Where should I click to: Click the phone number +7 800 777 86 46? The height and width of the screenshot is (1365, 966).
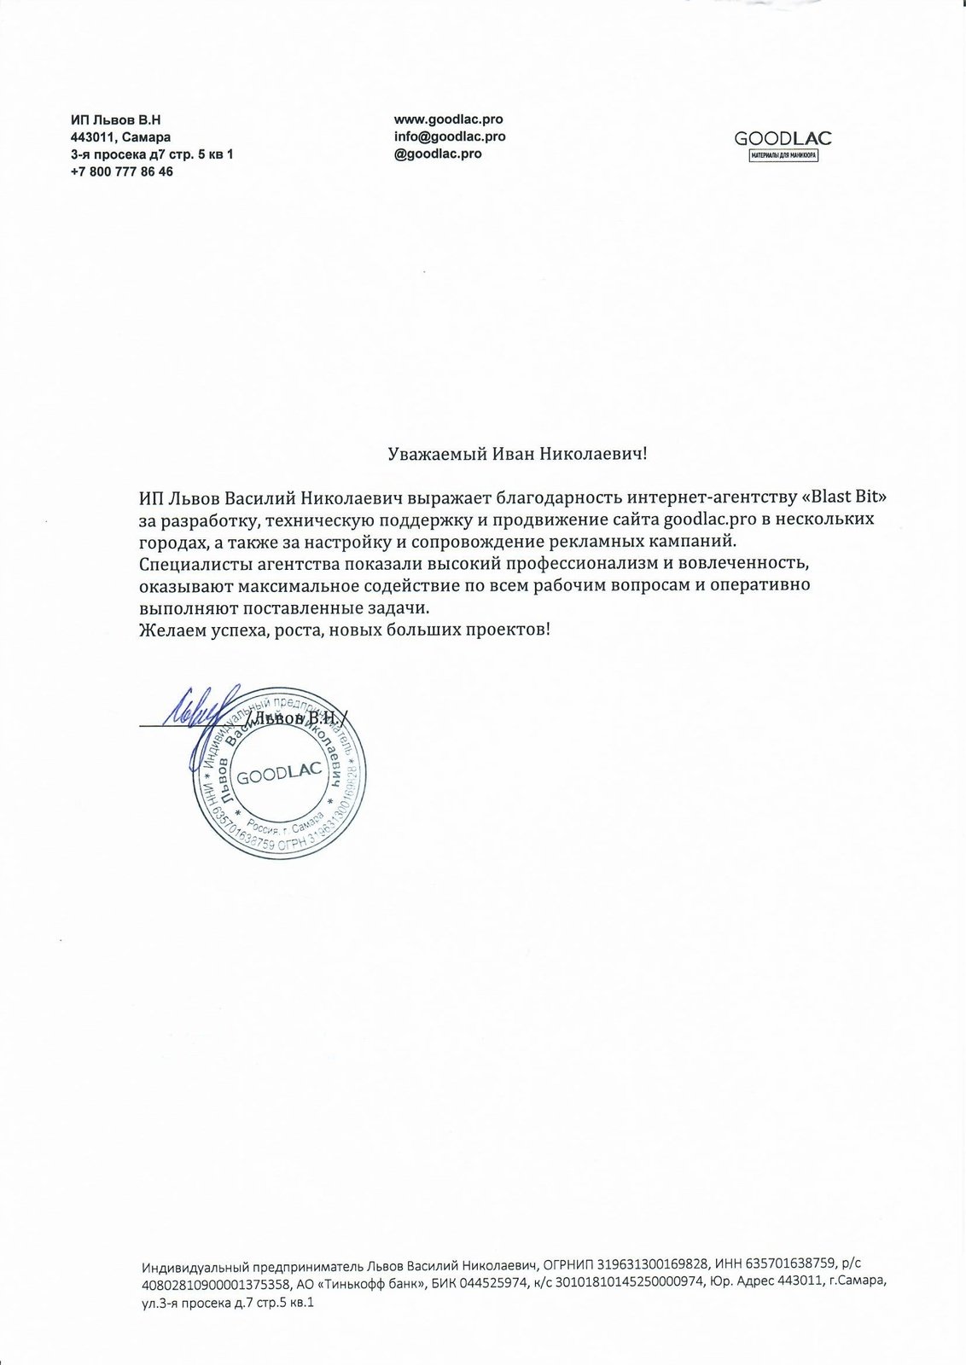[x=122, y=171]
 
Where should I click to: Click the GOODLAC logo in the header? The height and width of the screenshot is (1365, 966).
[x=783, y=139]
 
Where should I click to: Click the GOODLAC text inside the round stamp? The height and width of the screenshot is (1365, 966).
[x=279, y=775]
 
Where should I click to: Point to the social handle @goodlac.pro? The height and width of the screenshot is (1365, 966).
[x=437, y=154]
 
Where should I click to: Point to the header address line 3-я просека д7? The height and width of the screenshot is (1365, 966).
[x=152, y=154]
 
